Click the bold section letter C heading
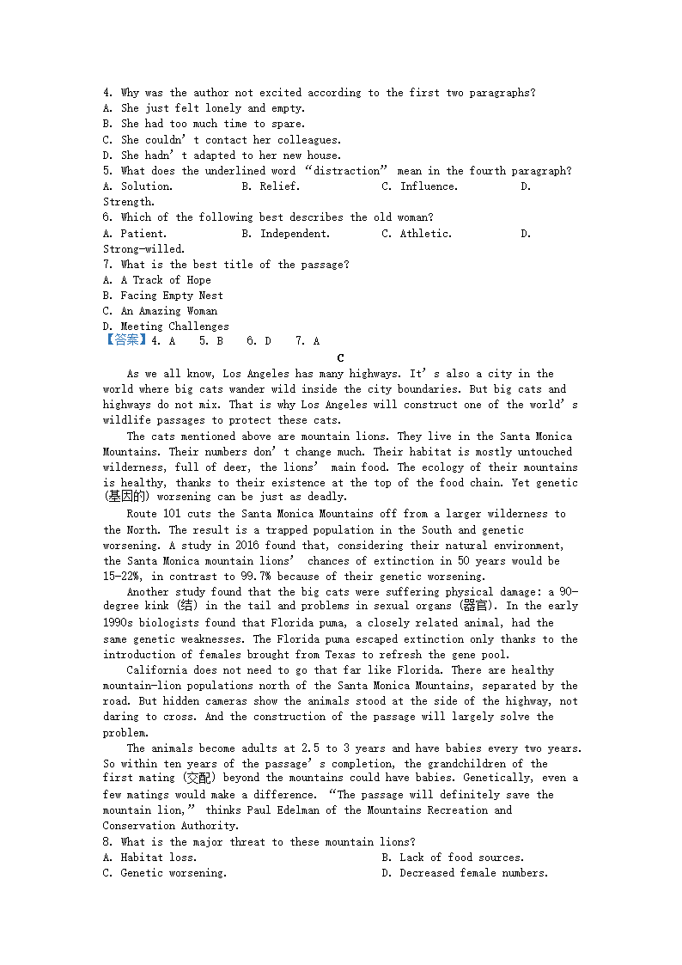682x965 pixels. coord(341,358)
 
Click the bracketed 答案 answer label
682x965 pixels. coord(123,341)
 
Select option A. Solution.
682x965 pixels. coord(137,186)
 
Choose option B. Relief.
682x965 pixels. coord(270,186)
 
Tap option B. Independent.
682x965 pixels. coord(285,234)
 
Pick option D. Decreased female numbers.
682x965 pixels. coord(464,873)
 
